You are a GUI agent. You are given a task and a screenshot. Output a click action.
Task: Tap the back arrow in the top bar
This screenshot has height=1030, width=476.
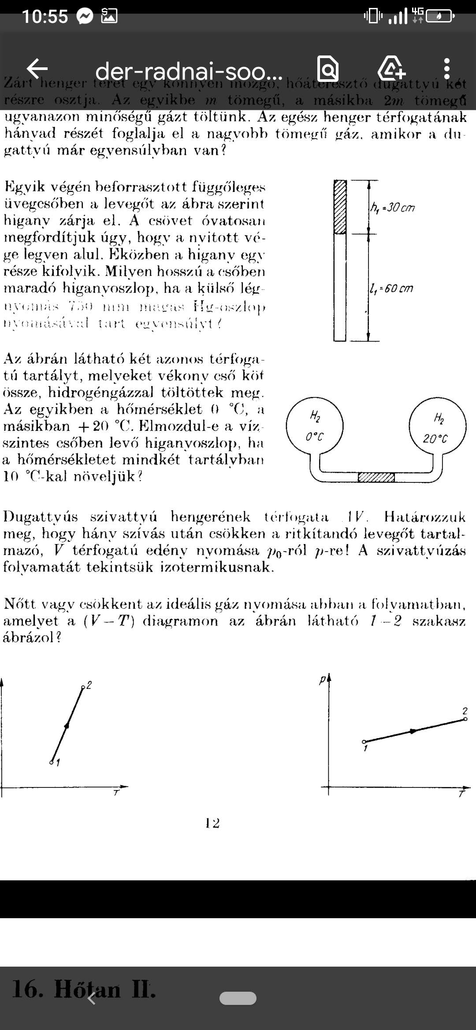(x=37, y=68)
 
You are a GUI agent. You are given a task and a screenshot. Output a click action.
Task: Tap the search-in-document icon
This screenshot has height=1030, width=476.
(x=328, y=69)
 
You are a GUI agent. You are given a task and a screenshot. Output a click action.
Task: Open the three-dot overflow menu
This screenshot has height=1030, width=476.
(x=447, y=69)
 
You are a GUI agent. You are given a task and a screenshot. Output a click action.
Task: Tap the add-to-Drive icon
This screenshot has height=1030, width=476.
(x=391, y=69)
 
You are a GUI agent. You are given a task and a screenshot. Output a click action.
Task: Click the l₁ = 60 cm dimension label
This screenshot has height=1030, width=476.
(x=392, y=289)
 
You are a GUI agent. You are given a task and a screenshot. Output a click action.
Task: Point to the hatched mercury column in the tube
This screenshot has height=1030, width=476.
(x=340, y=206)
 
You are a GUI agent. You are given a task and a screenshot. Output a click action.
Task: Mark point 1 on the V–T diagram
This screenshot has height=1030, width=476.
(x=52, y=761)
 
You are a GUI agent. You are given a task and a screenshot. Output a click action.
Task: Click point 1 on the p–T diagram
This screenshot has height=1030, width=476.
(x=364, y=742)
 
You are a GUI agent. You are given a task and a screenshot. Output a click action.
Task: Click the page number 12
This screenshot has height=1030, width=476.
(x=212, y=823)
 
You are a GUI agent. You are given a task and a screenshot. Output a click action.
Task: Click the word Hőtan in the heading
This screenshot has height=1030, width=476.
(x=87, y=989)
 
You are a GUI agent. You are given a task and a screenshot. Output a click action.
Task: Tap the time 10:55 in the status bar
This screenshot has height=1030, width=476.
(x=45, y=17)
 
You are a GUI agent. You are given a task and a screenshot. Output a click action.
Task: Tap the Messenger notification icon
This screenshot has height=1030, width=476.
(x=85, y=17)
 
